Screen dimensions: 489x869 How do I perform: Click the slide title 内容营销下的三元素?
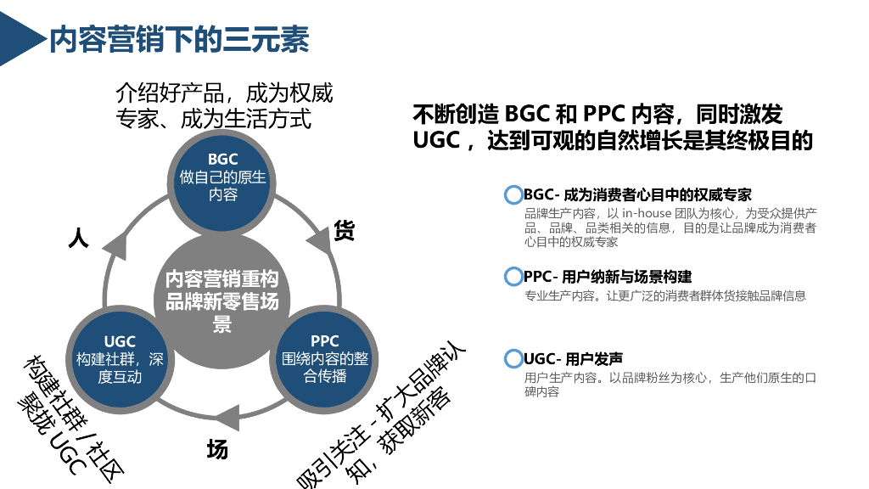click(179, 39)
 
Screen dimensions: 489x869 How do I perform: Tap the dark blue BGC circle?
click(222, 177)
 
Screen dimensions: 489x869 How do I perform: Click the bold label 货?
click(344, 231)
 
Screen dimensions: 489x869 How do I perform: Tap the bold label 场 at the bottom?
click(217, 450)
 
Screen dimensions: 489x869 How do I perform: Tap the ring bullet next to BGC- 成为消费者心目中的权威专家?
click(513, 195)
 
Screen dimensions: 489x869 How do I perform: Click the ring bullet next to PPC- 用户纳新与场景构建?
click(513, 277)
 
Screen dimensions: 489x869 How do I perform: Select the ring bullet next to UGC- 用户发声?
click(513, 358)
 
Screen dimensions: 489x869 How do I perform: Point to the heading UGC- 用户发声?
click(573, 358)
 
